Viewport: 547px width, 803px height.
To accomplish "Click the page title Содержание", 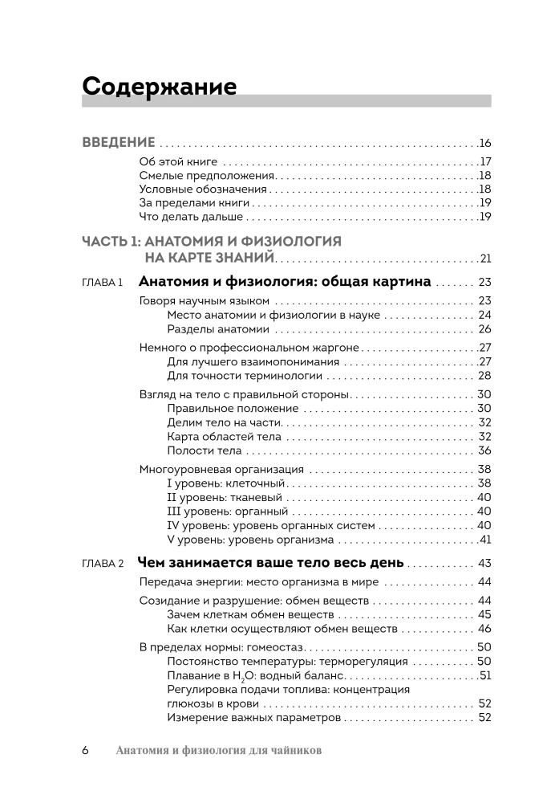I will coord(160,86).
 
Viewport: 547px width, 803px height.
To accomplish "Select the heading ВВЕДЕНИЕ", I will coord(119,143).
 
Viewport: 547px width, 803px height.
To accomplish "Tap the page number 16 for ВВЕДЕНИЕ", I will coord(484,143).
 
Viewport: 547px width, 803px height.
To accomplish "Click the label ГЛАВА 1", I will coord(102,283).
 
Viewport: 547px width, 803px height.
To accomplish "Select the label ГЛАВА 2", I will coord(102,563).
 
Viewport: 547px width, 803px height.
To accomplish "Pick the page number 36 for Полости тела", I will coord(484,450).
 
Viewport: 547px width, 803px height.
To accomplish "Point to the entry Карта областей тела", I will coord(224,437).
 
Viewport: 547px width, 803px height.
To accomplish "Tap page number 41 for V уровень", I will coord(484,540).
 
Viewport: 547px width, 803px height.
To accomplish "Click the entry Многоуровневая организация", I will coord(221,470).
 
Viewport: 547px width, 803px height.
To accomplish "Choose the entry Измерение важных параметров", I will coord(254,717).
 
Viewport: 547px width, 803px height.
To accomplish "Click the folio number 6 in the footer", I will coord(85,751).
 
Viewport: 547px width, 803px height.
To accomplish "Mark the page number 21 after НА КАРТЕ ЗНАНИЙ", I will coord(484,258).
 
